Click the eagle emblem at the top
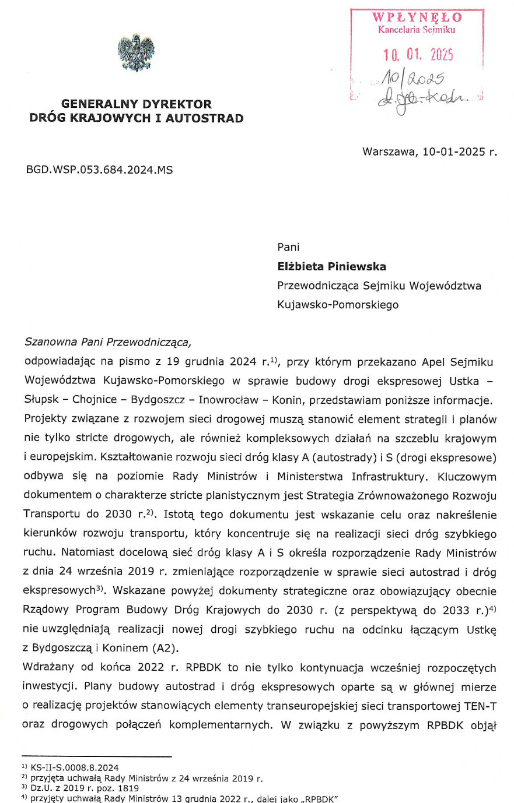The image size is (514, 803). pos(135,54)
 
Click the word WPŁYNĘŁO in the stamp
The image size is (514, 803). pos(417,17)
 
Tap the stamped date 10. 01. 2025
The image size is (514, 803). pos(418,55)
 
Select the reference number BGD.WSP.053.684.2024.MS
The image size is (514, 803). pos(99,170)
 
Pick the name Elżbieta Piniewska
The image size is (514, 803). pos(331,266)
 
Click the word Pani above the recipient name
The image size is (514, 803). pos(288,247)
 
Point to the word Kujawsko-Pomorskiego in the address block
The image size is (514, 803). pos(338,304)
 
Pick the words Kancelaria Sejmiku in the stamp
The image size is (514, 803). pos(417,30)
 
